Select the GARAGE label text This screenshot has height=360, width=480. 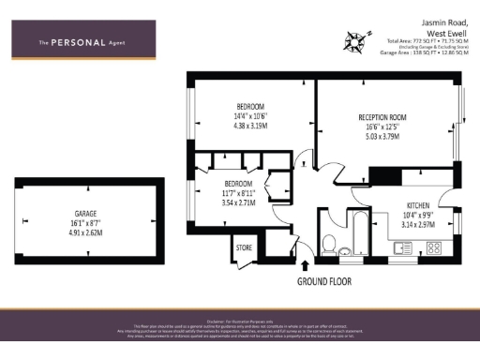[85, 213]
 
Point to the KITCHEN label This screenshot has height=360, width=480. [418, 204]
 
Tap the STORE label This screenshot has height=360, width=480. [246, 248]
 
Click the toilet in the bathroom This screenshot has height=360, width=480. [329, 246]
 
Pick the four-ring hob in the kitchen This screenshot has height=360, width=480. [435, 247]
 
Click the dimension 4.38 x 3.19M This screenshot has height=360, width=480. [250, 125]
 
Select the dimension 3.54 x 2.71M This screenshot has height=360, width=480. [238, 202]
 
